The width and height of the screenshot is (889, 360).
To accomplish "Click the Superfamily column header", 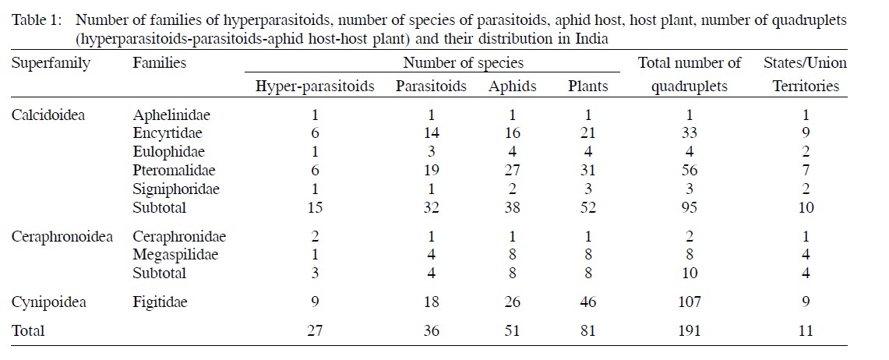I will [x=51, y=63].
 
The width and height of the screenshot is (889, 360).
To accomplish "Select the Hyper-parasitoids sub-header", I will [x=315, y=86].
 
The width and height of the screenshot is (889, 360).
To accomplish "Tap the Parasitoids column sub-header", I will [x=431, y=86].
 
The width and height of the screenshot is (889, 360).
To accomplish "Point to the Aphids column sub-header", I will [x=512, y=86].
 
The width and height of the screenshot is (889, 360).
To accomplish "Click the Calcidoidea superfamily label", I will [x=48, y=115].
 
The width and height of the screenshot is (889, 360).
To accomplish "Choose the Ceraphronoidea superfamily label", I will [x=62, y=237].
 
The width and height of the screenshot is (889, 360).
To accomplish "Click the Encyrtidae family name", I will [x=168, y=133].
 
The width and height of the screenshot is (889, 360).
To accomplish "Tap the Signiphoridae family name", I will [x=176, y=189].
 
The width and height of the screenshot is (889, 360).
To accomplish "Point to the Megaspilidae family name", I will [x=175, y=255].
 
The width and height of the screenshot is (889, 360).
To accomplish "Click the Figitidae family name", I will [x=161, y=301].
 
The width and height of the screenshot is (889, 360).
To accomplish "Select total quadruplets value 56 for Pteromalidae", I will [x=689, y=170].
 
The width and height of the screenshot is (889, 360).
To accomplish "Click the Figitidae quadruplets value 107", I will [x=689, y=301].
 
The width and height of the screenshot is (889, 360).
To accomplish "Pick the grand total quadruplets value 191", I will [x=689, y=331].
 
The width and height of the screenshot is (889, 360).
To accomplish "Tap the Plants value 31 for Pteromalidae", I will [x=588, y=170].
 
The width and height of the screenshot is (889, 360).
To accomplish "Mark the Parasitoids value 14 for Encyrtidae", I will [x=430, y=133].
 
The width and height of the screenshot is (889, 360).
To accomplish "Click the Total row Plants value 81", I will [x=588, y=331].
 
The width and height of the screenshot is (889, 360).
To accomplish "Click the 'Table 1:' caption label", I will [x=34, y=19].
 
